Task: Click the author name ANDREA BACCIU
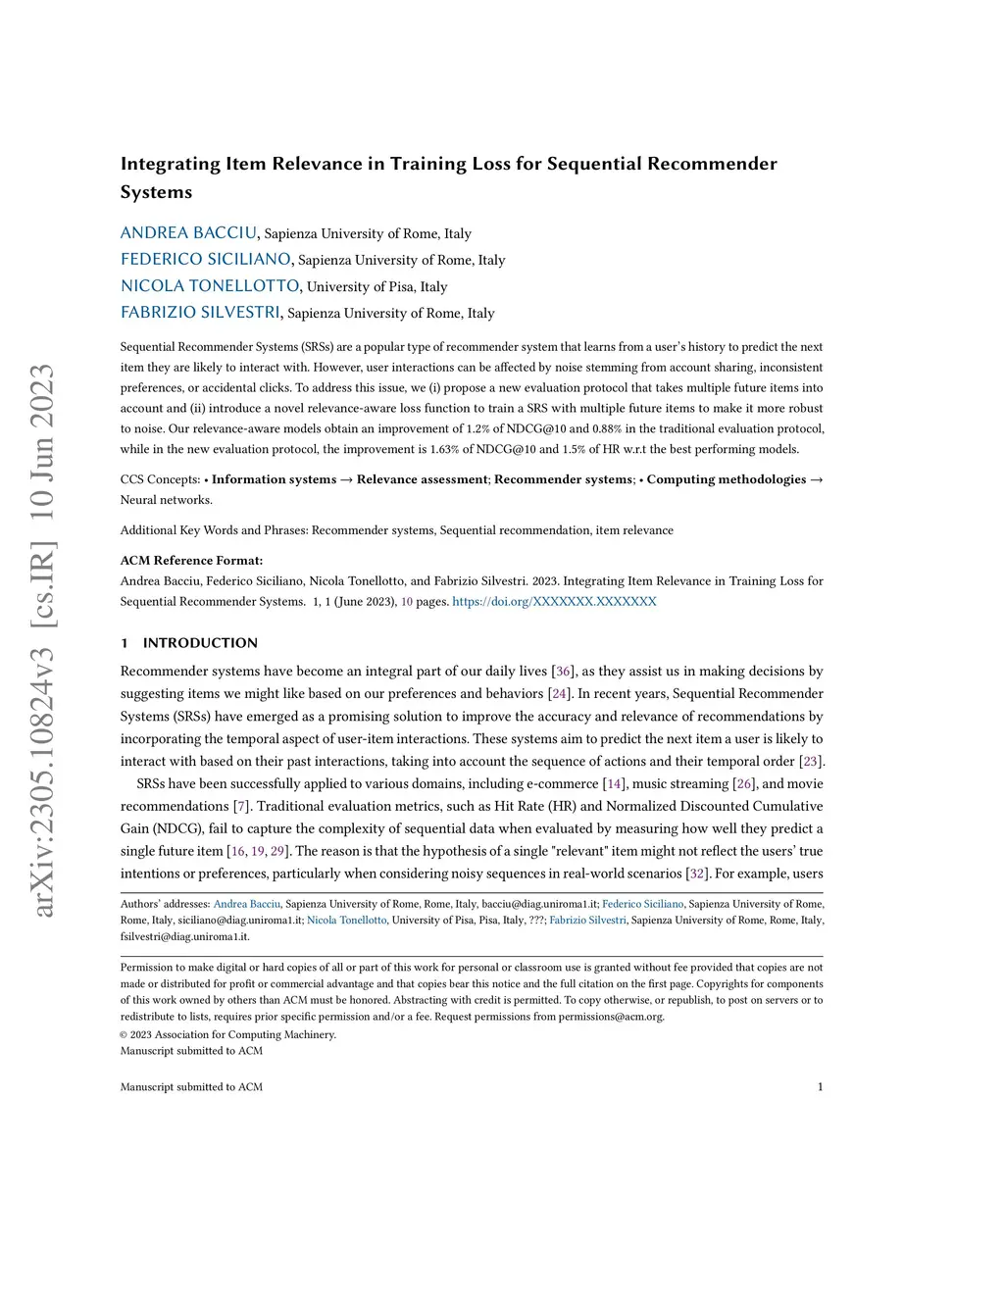coord(188,233)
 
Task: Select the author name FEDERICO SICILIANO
coord(205,260)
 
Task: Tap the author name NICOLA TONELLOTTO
coord(210,286)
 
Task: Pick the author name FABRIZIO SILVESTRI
coord(200,313)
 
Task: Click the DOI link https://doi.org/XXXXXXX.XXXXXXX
coord(554,602)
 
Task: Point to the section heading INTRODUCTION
coord(200,643)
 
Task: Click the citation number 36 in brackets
coord(564,672)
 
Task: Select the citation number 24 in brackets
coord(559,694)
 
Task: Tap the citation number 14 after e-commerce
coord(615,784)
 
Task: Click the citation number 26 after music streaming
coord(744,784)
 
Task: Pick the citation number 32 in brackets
coord(697,874)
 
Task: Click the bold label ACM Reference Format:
coord(191,561)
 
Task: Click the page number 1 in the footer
coord(820,1087)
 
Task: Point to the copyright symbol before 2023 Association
coord(125,1035)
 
